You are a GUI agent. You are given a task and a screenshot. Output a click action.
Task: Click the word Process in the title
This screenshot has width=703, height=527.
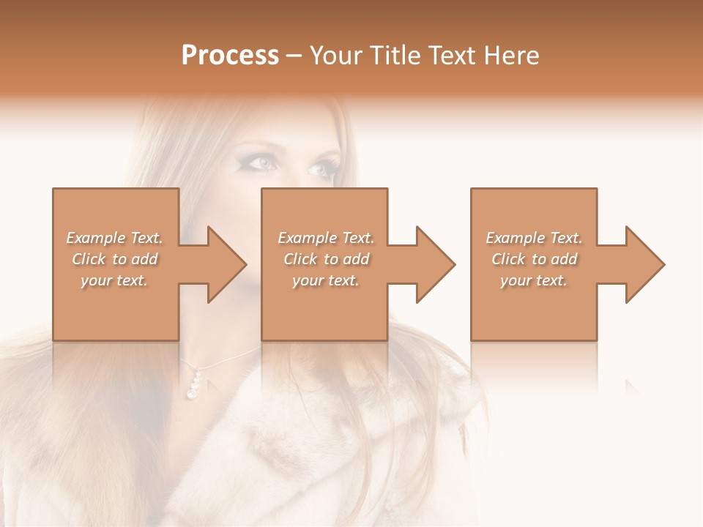230,56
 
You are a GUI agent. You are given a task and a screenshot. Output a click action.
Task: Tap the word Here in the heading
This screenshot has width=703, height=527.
512,56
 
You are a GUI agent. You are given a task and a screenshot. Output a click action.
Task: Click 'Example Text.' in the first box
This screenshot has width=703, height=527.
115,238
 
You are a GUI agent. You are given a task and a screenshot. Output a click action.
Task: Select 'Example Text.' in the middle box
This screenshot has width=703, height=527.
326,238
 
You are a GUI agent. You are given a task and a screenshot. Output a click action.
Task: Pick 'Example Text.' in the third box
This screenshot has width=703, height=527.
534,238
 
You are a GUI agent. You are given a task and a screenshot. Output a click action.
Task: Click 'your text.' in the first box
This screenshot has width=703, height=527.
114,280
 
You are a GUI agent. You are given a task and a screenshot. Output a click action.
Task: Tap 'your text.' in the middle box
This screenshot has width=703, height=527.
325,280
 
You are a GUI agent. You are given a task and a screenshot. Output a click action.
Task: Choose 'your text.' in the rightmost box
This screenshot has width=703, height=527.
533,280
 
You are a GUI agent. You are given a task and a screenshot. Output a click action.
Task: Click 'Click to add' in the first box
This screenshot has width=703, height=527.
115,259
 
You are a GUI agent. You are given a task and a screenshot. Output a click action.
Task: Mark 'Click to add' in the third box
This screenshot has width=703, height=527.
534,259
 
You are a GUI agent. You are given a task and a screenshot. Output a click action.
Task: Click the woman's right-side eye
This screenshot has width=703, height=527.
321,169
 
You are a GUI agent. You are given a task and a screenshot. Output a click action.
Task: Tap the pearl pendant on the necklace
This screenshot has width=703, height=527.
195,386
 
